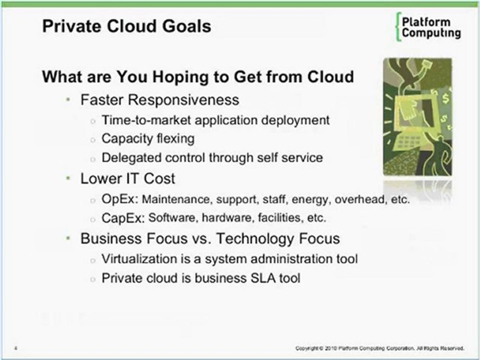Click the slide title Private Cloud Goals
click(126, 26)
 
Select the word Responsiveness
click(183, 100)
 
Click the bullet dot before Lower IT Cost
click(68, 178)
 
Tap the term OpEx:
click(120, 199)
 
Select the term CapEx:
click(123, 218)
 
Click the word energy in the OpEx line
click(311, 200)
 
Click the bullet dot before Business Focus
click(68, 238)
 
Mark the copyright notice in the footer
click(380, 348)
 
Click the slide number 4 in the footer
click(15, 348)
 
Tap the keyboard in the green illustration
click(408, 142)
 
